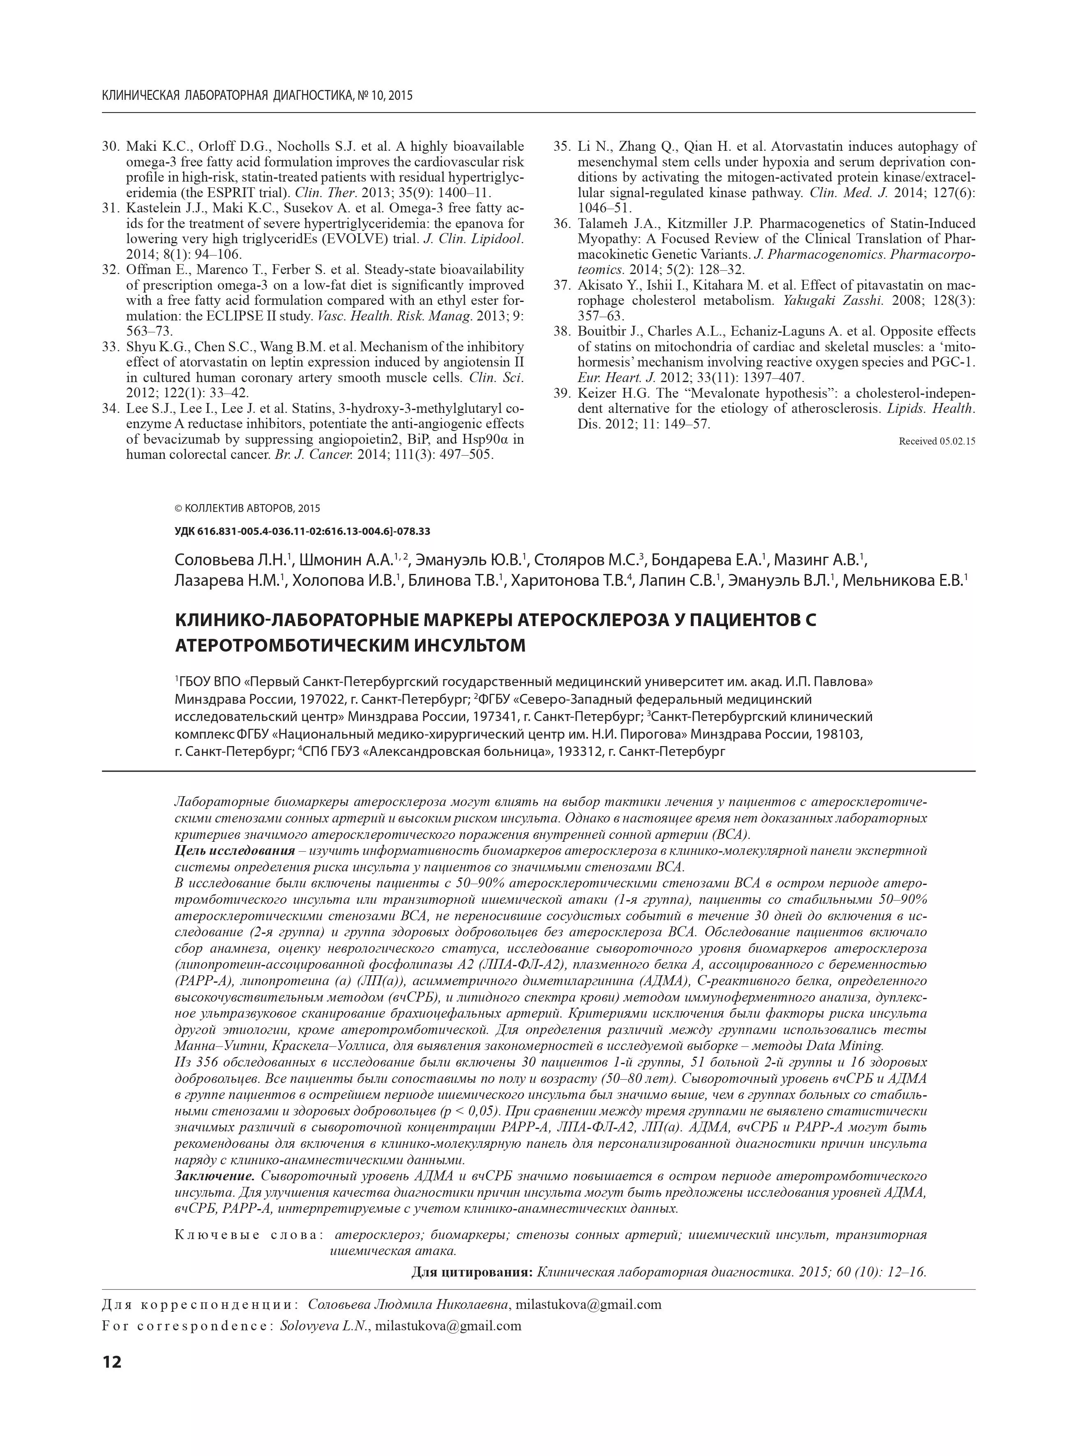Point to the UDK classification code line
tap(302, 531)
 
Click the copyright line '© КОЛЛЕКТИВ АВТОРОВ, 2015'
tap(247, 509)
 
